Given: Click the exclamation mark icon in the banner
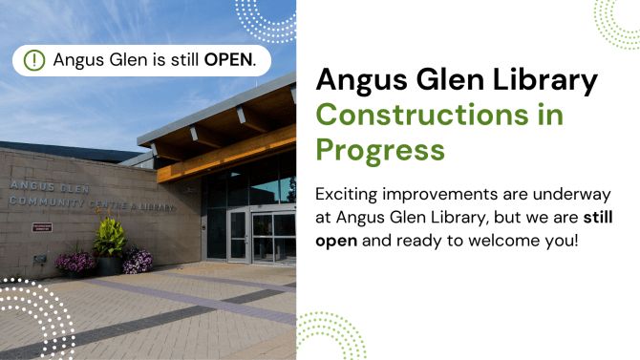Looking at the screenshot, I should tap(34, 59).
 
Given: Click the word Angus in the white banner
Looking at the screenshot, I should tap(77, 59).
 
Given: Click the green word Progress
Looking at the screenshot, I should tap(380, 150).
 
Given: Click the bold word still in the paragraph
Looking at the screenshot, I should tap(598, 217).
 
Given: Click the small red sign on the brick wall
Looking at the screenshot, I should tap(42, 227).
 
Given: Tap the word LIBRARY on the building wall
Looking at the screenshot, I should tap(157, 205).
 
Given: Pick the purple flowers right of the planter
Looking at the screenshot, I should tap(138, 260).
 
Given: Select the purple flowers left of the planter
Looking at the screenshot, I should tap(76, 261).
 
